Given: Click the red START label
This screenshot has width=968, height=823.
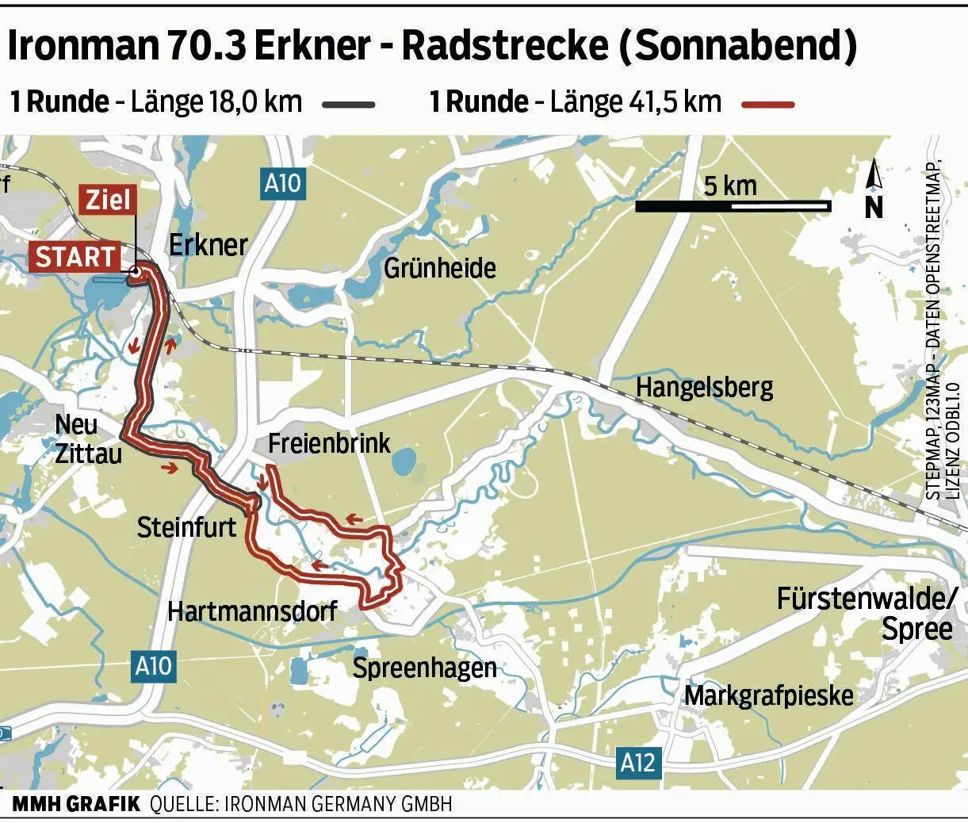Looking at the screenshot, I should coord(75,257).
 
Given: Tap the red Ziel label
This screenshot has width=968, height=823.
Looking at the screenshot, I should coord(107,200).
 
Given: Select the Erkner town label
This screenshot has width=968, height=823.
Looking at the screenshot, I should coord(209,245).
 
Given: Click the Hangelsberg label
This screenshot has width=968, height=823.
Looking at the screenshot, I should coord(704,388).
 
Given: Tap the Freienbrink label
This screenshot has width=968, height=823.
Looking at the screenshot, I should coord(329,442).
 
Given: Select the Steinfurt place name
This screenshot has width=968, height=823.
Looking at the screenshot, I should coord(186,527).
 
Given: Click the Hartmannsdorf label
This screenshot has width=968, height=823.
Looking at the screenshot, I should coord(252,611).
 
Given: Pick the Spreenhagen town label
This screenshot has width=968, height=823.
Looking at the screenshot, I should coord(424,668).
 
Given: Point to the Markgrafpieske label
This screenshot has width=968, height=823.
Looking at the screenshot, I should coord(768,695).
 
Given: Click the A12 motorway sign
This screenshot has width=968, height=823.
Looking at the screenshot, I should coord(637,763).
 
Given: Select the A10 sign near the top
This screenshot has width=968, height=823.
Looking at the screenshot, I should coord(282,184).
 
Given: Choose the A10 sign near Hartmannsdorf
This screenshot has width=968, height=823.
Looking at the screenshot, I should coord(153,665).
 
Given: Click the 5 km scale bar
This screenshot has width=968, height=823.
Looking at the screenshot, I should coord(733,206).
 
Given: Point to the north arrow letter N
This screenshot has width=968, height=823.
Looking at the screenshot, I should coord(873,207).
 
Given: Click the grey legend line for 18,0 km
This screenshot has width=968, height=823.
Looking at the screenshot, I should coord(348,104).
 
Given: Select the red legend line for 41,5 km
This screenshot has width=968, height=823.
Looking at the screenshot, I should coord(767,104).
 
